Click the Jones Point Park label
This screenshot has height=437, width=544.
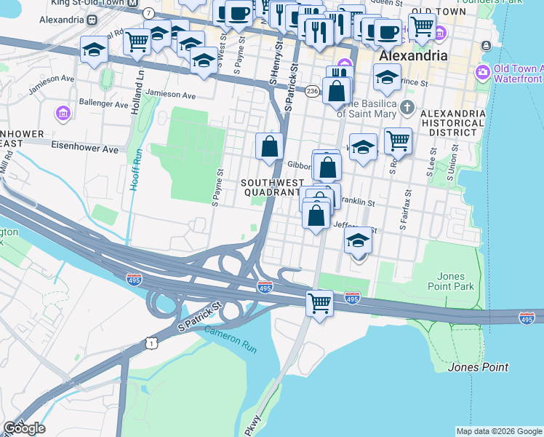(x=456, y=281)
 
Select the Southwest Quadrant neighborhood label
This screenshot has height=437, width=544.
(x=270, y=187)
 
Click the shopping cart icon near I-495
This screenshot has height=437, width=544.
(x=320, y=302)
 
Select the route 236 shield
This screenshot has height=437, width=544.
(x=313, y=90)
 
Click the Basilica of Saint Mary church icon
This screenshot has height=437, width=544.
(x=407, y=109)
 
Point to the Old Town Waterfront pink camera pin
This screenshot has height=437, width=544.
(x=481, y=72)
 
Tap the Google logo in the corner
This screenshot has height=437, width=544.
(x=23, y=428)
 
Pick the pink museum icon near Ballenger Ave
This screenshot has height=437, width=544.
(x=63, y=114)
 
